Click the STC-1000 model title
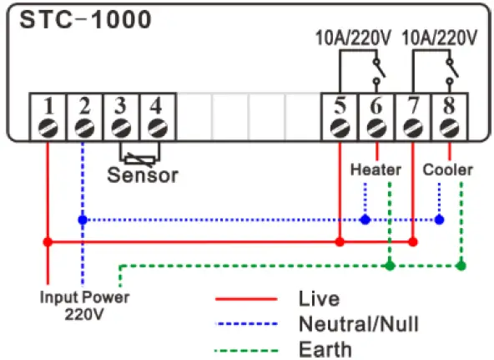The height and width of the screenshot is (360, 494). pyautogui.click(x=82, y=20)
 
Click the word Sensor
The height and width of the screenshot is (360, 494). pyautogui.click(x=143, y=175)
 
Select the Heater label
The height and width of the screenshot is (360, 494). pyautogui.click(x=376, y=170)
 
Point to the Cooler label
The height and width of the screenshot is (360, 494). pyautogui.click(x=448, y=170)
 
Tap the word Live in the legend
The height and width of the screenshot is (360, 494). pyautogui.click(x=316, y=298)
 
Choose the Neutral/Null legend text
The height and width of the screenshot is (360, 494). pyautogui.click(x=358, y=323)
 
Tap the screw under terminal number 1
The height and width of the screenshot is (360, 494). pyautogui.click(x=48, y=128)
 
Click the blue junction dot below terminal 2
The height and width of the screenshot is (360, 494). pyautogui.click(x=82, y=220)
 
